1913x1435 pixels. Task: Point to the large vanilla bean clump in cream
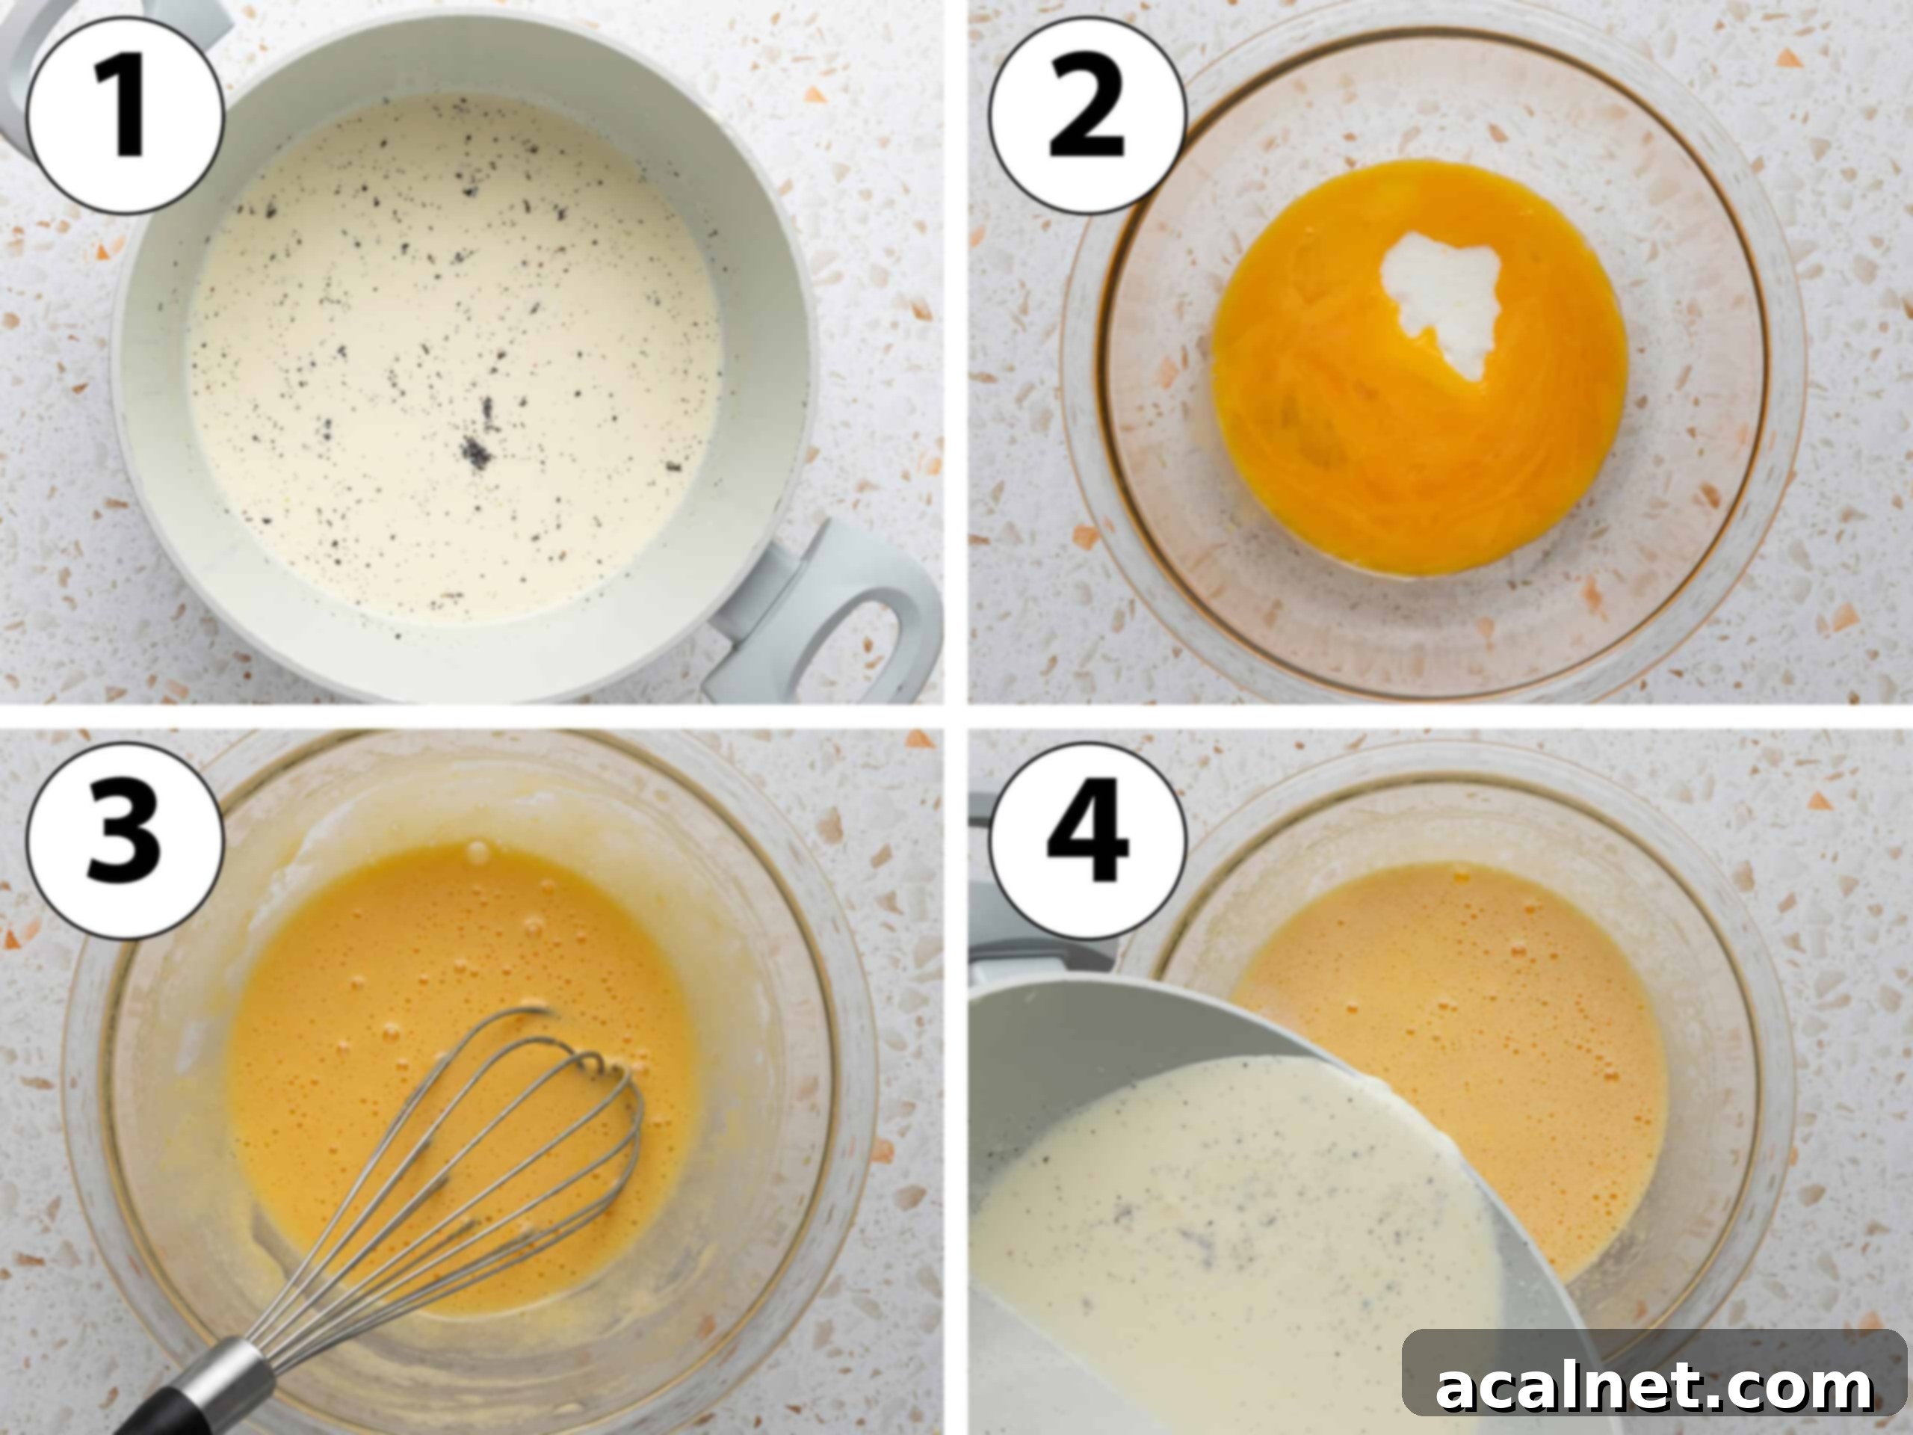click(477, 451)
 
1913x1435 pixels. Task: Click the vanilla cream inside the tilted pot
click(1211, 1228)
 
